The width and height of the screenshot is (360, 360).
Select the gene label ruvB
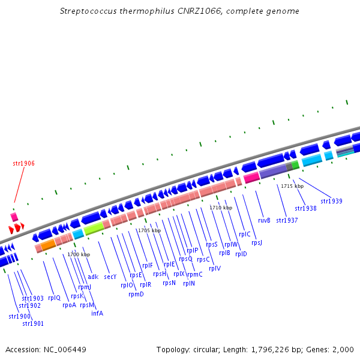coord(264,220)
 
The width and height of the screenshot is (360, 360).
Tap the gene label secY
coord(110,277)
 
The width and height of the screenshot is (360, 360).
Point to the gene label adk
coord(93,277)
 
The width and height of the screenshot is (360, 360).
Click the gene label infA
coord(97,313)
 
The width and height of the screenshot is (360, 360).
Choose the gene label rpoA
coord(69,305)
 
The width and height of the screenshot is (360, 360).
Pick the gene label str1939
coord(331,201)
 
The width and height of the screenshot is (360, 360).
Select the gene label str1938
coord(305,208)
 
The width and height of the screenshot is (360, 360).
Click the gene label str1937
coord(287,220)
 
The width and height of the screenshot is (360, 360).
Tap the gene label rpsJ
coord(257,242)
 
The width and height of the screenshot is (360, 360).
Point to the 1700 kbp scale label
coord(79,254)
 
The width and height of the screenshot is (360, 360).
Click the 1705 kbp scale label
coord(149,230)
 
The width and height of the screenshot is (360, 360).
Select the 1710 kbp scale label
coord(220,208)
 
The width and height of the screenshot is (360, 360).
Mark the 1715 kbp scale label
coord(292,186)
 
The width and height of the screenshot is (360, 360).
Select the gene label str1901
coord(33,323)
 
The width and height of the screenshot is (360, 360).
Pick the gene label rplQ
coord(54,298)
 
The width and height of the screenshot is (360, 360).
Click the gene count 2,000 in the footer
coord(344,349)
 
